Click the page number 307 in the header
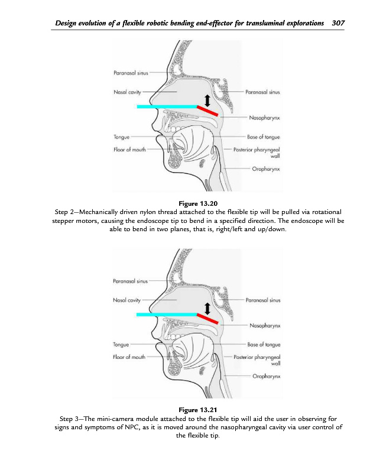[339, 23]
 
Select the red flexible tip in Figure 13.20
[207, 111]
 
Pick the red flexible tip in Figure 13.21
[207, 319]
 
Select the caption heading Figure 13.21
[191, 410]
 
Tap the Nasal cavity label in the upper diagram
[126, 92]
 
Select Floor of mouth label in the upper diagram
[129, 150]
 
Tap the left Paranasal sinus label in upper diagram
[131, 73]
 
